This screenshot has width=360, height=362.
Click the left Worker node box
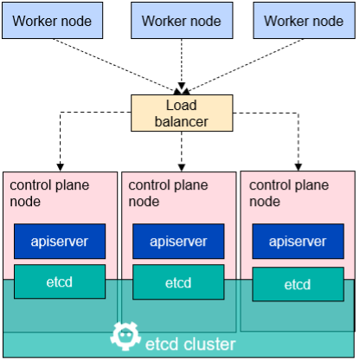click(53, 21)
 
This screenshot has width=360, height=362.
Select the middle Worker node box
click(182, 21)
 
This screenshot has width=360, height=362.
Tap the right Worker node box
click(304, 21)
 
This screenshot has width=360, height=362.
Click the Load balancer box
click(182, 113)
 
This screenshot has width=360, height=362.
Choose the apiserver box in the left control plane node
click(60, 241)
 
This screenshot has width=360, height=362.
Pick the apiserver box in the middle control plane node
click(178, 241)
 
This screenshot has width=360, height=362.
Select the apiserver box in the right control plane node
click(298, 241)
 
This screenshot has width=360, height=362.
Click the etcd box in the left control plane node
click(60, 281)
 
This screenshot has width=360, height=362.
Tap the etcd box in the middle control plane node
click(178, 282)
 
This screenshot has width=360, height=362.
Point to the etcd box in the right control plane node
click(298, 284)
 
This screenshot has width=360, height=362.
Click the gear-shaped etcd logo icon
click(125, 336)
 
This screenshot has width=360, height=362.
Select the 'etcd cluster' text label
click(190, 344)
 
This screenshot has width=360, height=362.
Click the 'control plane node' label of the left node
click(49, 193)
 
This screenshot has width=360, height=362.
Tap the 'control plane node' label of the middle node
click(168, 193)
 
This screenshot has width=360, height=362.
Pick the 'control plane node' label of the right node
click(289, 193)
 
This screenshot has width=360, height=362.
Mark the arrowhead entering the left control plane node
click(60, 167)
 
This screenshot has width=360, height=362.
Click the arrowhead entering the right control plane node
click(299, 167)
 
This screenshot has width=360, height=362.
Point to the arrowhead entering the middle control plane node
click(182, 168)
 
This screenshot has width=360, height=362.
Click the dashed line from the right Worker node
click(244, 66)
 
